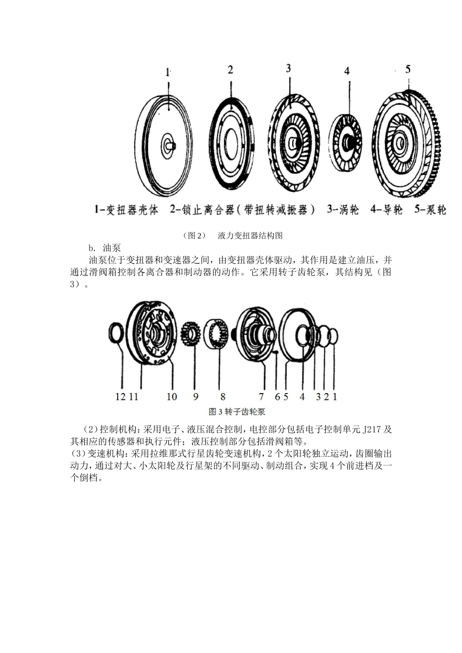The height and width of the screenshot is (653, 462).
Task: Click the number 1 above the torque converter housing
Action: click(x=168, y=72)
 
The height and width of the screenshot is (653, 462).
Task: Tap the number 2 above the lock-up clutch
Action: click(x=231, y=69)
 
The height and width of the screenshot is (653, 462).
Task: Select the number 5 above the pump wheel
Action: click(x=408, y=69)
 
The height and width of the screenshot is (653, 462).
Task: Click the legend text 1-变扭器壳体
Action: click(x=126, y=210)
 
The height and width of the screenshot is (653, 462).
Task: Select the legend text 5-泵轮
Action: click(x=430, y=210)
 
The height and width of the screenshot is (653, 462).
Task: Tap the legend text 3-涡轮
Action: click(x=343, y=210)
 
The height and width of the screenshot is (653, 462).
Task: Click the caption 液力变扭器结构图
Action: click(x=250, y=236)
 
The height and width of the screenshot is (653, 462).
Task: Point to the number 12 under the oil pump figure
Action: click(x=121, y=396)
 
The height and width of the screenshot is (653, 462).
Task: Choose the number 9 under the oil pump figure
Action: click(x=195, y=396)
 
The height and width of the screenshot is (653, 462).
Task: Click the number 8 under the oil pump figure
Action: click(x=223, y=396)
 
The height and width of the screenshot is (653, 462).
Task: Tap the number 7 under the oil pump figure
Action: click(x=261, y=396)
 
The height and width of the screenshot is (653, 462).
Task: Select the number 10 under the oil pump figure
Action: click(x=172, y=396)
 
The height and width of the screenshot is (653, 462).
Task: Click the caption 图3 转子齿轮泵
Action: click(x=237, y=412)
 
